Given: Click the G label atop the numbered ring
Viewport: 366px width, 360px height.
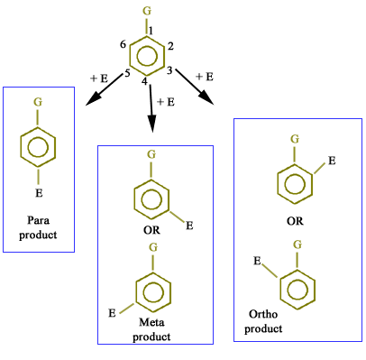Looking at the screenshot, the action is click(147, 11).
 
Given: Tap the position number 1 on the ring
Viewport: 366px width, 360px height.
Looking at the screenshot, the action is click(151, 31).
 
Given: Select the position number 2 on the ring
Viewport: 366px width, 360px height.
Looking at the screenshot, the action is click(170, 46).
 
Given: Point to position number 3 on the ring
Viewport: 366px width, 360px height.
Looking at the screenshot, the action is click(169, 70).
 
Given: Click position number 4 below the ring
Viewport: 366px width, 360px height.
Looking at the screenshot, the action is click(145, 81).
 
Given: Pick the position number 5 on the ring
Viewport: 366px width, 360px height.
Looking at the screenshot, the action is click(127, 73).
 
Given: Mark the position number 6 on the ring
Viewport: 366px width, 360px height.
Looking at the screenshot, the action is click(123, 45).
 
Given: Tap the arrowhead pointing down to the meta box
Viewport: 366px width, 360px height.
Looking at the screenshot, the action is click(152, 123).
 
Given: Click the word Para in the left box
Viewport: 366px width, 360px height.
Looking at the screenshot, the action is click(38, 220).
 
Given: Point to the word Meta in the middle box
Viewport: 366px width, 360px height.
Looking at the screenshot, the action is click(151, 322).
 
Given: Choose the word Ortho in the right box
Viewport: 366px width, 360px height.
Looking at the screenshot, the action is click(263, 314).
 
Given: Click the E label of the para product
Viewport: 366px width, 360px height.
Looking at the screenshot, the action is click(39, 193).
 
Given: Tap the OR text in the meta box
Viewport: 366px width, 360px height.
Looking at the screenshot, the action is click(151, 230).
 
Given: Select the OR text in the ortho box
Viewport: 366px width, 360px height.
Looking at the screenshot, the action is click(295, 221).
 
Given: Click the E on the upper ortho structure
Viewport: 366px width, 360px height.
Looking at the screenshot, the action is click(332, 161).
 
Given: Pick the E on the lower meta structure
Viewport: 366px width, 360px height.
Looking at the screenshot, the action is click(112, 313).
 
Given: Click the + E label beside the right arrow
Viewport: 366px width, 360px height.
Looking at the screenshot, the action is click(205, 77).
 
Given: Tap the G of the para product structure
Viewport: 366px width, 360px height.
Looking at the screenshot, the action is click(38, 102).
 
